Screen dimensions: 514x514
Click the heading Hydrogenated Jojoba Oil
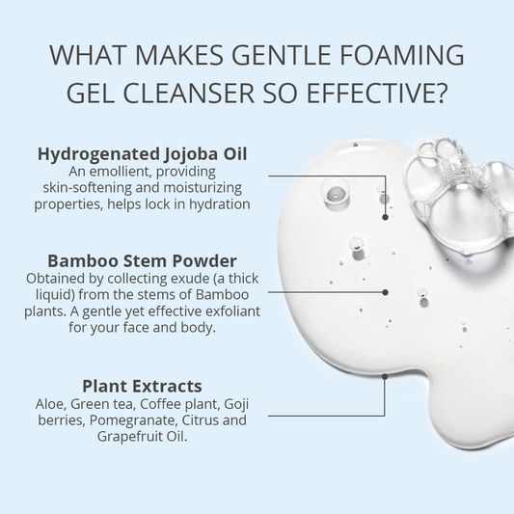point(143,154)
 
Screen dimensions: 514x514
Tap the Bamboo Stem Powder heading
point(142,260)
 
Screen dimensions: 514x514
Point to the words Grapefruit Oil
point(145,436)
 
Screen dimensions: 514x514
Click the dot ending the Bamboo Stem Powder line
point(386,290)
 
